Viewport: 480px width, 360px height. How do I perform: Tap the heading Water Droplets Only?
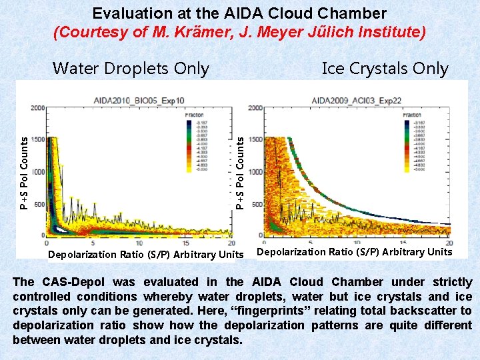coord(131,68)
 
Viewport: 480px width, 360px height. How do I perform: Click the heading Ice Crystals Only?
coord(385,68)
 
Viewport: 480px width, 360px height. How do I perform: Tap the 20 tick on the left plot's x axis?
coord(231,243)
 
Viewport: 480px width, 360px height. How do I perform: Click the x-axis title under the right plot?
coord(354,252)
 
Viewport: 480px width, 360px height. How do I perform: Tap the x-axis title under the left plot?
coord(146,255)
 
